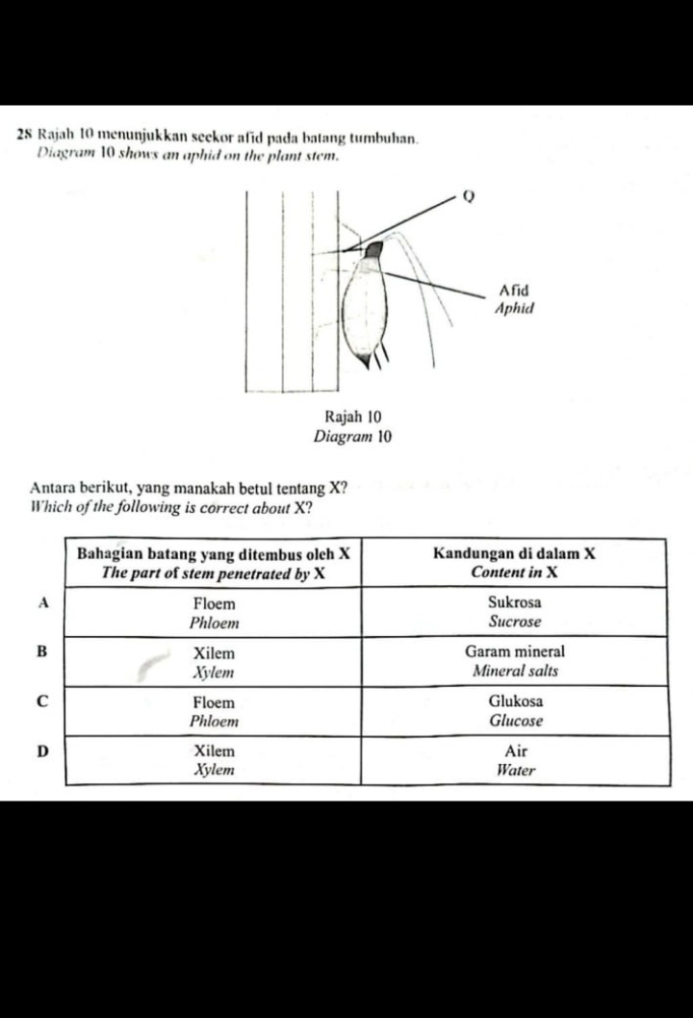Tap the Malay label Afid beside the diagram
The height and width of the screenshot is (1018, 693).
pos(514,290)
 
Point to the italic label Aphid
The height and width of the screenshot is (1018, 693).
pos(512,309)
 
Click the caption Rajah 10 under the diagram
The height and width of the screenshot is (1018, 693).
pos(353,417)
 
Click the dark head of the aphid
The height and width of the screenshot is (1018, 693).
pos(373,253)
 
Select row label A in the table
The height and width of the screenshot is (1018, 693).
pos(42,602)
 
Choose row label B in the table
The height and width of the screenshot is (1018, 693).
pos(42,651)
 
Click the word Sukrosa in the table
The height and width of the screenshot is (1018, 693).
pos(514,602)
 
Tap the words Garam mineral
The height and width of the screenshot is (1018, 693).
pos(514,651)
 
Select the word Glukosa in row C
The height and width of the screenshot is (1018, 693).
pos(515,701)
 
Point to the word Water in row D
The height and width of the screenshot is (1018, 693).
pos(515,770)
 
